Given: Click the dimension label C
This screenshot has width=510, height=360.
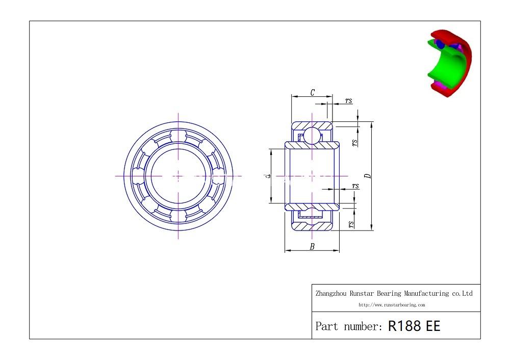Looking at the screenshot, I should [312, 92].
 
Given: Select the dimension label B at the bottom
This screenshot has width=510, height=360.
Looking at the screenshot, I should [312, 247].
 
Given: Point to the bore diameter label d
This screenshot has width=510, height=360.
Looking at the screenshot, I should [267, 176].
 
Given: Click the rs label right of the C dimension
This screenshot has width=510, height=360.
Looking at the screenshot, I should [348, 101].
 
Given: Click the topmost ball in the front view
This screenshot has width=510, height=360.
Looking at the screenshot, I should [178, 136].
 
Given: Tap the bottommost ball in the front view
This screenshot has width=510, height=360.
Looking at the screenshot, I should [178, 216].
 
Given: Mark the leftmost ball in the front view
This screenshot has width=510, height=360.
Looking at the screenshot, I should [139, 176].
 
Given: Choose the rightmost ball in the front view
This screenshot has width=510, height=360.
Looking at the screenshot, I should [218, 176].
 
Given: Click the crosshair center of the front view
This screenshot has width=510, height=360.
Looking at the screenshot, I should [178, 176].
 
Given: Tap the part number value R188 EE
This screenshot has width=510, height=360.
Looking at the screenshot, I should [414, 326].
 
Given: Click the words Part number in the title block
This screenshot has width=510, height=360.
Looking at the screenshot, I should [348, 326].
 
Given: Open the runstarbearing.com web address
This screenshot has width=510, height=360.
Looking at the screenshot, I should [392, 305].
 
